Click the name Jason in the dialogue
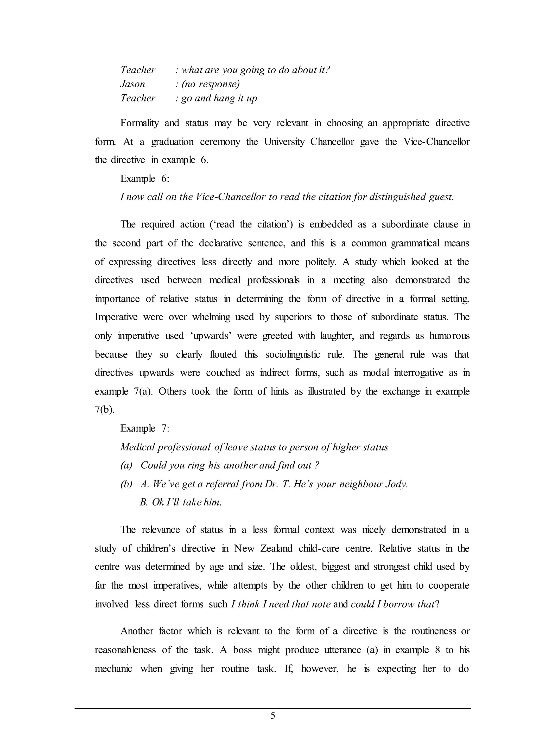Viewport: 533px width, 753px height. (132, 84)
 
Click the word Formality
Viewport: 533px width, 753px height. (139, 123)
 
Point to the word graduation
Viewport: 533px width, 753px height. (172, 142)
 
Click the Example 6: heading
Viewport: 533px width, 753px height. (145, 179)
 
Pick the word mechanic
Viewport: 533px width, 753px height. (113, 668)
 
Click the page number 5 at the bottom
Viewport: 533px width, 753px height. (273, 716)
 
